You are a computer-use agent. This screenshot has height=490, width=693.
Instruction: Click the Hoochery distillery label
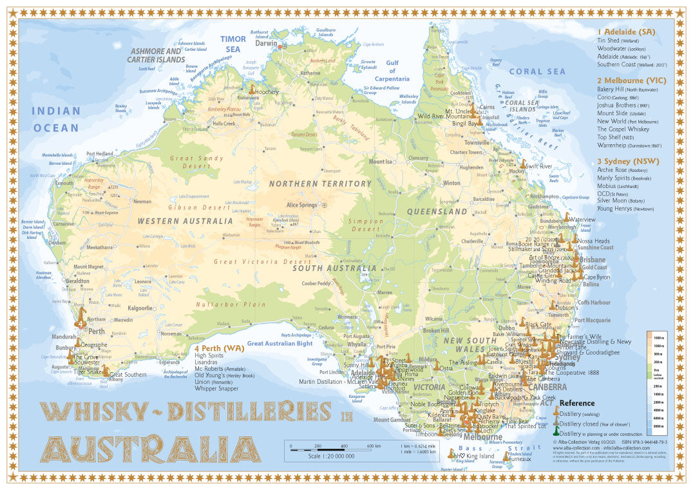[x=267, y=92]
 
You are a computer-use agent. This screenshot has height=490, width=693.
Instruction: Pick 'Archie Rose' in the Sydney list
[x=614, y=170]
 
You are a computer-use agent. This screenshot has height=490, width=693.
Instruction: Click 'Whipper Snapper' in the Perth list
[x=216, y=389]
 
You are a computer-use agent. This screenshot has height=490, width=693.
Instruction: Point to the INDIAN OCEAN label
[x=57, y=120]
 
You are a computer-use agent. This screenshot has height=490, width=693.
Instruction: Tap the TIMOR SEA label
[x=233, y=43]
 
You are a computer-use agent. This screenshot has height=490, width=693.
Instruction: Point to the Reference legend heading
[x=577, y=403]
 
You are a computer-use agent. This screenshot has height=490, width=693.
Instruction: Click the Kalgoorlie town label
[x=140, y=308]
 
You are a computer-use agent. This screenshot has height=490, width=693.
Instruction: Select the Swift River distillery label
[x=540, y=166]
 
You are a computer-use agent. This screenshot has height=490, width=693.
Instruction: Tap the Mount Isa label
[x=381, y=162]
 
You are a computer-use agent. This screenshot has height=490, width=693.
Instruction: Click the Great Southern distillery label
[x=128, y=374]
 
